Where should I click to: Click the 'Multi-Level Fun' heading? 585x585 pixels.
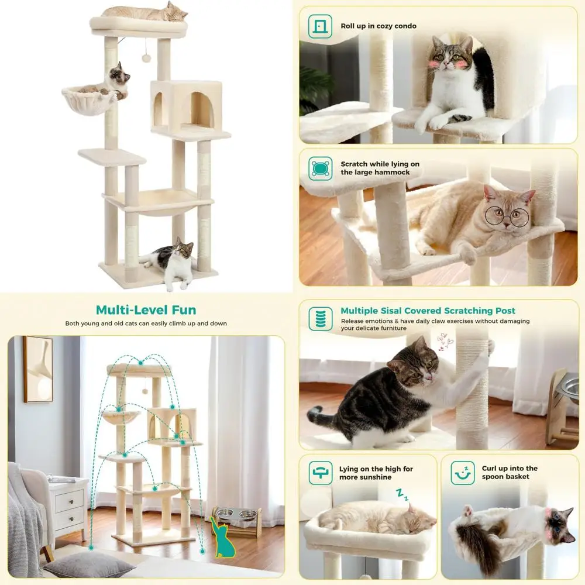(146, 310)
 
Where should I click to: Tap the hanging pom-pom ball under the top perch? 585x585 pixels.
(146, 58)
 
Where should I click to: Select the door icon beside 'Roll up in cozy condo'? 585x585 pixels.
(320, 26)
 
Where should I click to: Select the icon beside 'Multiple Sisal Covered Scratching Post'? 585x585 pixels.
(320, 318)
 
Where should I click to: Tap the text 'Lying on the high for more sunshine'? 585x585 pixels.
(376, 473)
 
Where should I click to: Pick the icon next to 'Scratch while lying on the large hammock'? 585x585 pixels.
(320, 168)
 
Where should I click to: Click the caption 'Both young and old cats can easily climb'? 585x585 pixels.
(146, 324)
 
